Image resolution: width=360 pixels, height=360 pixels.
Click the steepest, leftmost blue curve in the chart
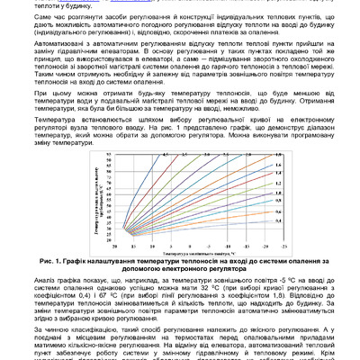click(x=142, y=175)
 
